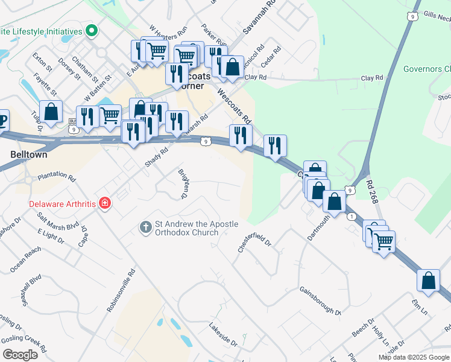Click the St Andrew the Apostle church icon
pos(145,227)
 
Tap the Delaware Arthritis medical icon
pos(105,203)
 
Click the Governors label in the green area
pos(423,69)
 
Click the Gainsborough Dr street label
pos(320,300)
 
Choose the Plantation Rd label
pos(57,178)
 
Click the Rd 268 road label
pos(373,189)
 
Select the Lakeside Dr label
pos(223,334)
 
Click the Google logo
pos(20,355)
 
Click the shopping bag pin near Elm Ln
pos(428,281)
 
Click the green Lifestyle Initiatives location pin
pos(92,30)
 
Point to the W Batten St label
pos(98,87)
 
